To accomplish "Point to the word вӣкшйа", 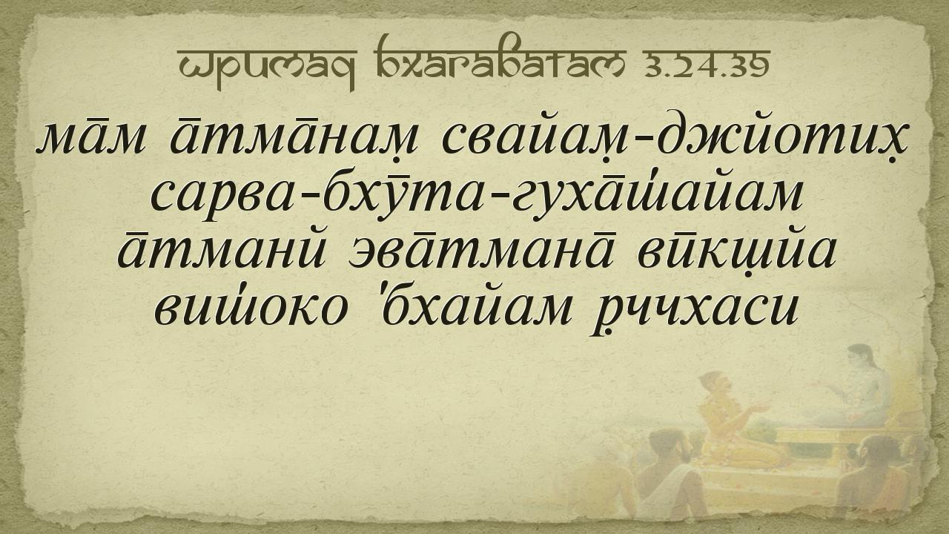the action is (736, 255).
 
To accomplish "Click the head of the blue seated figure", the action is (861, 357).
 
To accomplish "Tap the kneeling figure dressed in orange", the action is (729, 420).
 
